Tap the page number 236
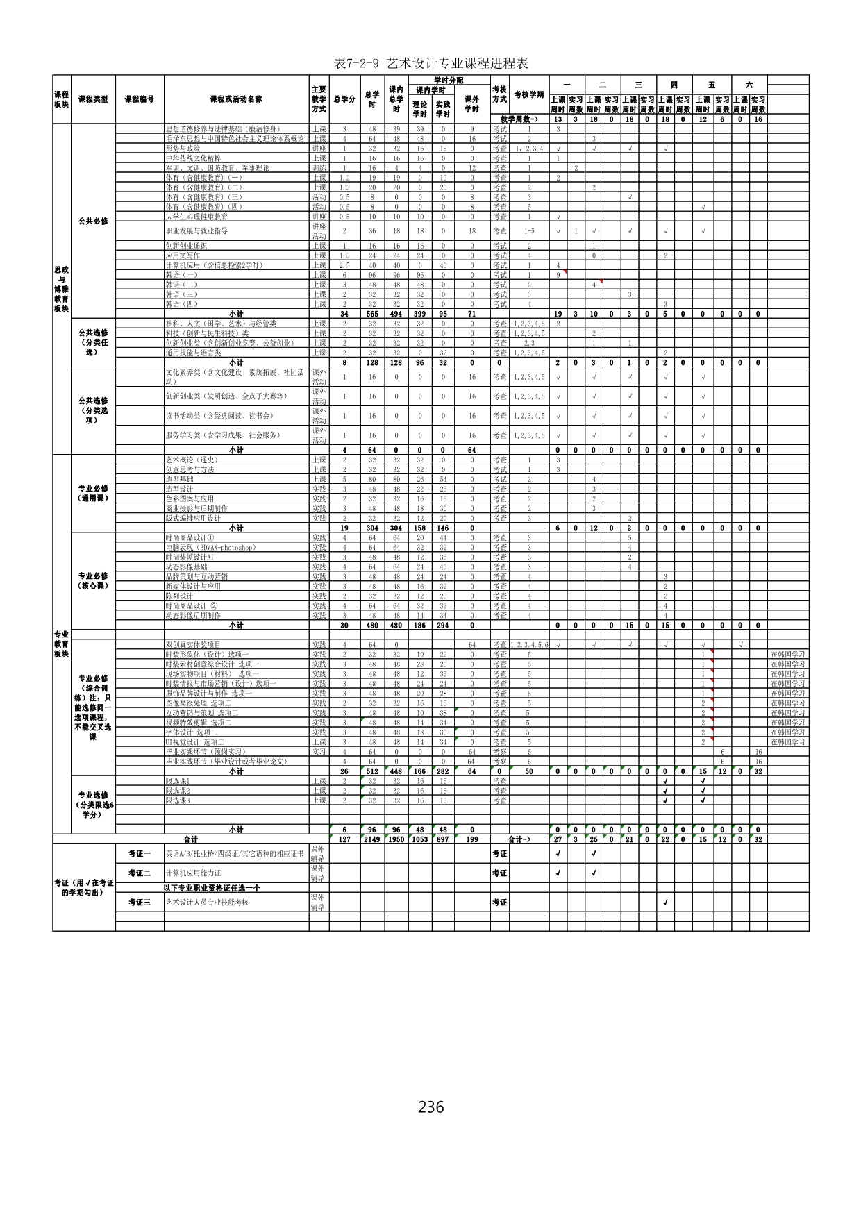[430, 1106]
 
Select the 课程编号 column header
[140, 99]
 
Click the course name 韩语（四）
[181, 304]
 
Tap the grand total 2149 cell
[372, 839]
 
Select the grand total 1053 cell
[420, 839]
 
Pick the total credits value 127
[344, 839]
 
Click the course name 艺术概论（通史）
[192, 460]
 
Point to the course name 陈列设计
[179, 596]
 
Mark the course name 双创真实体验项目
[193, 644]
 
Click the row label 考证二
[140, 873]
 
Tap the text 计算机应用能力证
[194, 873]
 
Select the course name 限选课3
[178, 800]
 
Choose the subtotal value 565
[372, 314]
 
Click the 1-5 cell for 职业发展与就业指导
[529, 231]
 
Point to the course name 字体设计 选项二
[192, 732]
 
